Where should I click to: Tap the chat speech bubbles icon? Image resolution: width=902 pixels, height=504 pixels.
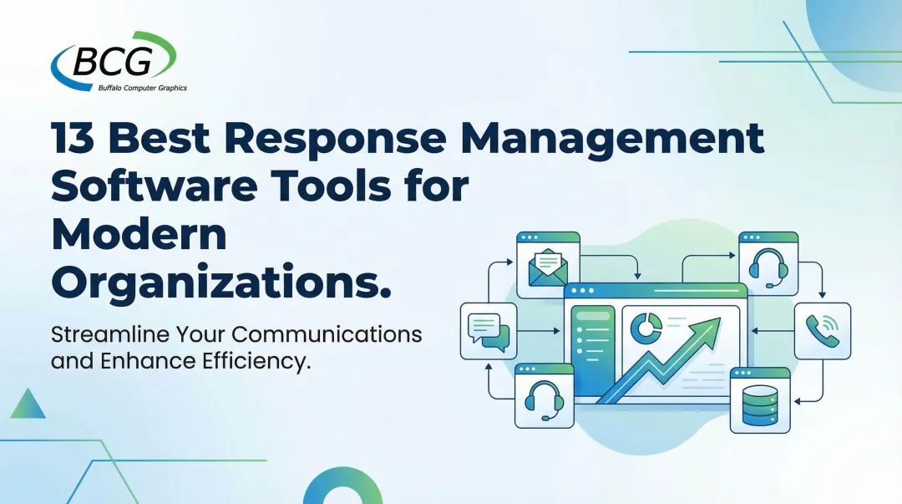488,329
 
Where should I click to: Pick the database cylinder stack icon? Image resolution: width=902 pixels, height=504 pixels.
759,405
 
